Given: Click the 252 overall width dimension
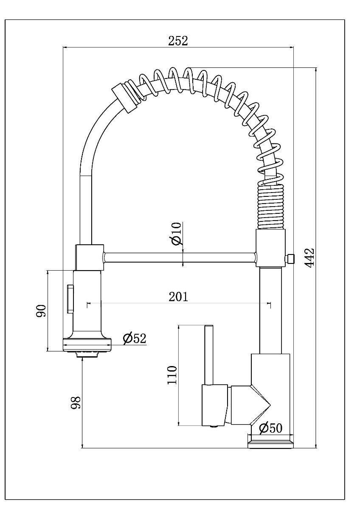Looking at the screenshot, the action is [178, 41].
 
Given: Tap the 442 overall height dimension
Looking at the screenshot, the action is [309, 258].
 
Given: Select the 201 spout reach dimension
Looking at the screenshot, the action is [178, 296].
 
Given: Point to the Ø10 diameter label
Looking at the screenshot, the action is [177, 234].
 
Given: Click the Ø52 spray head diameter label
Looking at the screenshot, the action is [135, 338].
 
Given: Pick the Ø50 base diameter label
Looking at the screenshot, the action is [270, 428].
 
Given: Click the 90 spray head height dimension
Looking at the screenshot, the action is [41, 310].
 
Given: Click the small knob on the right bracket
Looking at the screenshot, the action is [290, 259].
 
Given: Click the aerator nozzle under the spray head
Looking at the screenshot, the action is [87, 354].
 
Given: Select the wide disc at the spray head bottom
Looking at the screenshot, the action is [87, 345].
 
